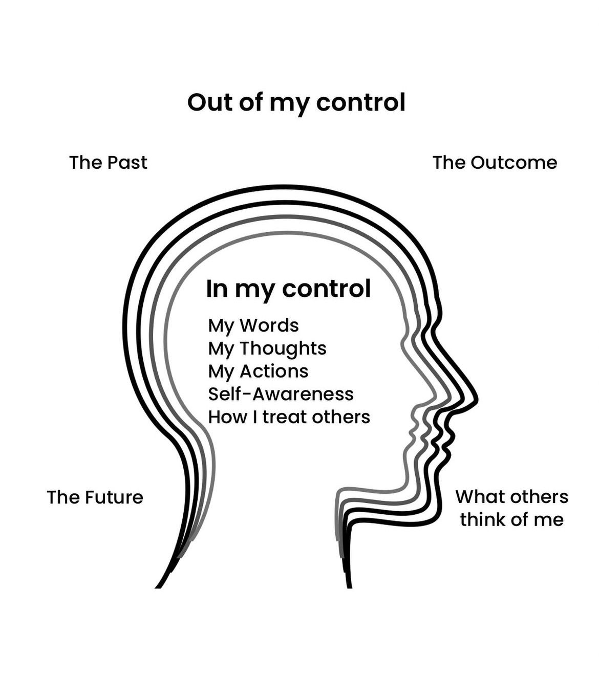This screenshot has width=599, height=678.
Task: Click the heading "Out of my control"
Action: tap(296, 102)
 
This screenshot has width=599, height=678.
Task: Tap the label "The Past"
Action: tap(108, 163)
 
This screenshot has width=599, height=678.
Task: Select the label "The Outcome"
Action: tap(495, 163)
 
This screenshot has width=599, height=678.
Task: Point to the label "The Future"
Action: tap(95, 497)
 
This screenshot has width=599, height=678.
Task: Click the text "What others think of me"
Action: tap(511, 508)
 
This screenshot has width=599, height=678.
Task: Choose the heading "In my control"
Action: tap(288, 289)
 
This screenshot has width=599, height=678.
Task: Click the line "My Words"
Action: tap(253, 325)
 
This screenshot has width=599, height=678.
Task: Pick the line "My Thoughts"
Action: tap(267, 348)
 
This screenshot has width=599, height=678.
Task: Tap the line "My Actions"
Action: tap(258, 371)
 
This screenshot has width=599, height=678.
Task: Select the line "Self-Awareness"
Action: tap(281, 394)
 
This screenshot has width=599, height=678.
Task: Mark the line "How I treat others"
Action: tap(289, 417)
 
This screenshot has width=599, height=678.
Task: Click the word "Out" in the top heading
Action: tap(206, 102)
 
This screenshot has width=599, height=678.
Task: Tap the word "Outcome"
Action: tap(514, 163)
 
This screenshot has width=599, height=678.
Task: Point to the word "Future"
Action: tap(114, 497)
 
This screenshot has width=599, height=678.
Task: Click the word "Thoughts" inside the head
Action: tap(283, 348)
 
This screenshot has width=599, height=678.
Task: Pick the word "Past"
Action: tap(127, 163)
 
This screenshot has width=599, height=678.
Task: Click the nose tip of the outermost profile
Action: tap(477, 398)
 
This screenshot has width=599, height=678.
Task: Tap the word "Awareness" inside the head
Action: tap(303, 394)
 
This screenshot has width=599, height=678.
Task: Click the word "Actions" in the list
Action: tap(274, 371)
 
